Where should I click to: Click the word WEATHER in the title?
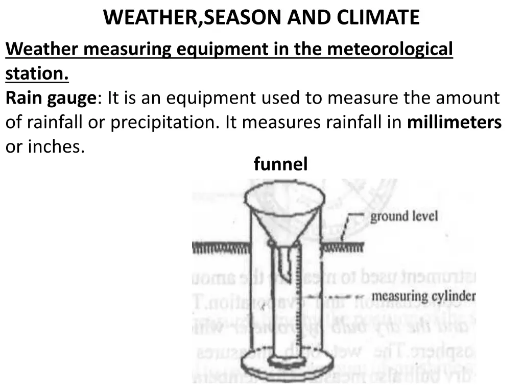coord(148,17)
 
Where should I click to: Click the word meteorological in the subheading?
coord(389,50)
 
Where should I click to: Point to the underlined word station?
coord(37,74)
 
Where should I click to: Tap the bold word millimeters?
coord(454,122)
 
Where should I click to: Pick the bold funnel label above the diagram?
coord(280,164)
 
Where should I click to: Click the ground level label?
coord(403,216)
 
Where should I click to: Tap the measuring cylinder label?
coord(423,296)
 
